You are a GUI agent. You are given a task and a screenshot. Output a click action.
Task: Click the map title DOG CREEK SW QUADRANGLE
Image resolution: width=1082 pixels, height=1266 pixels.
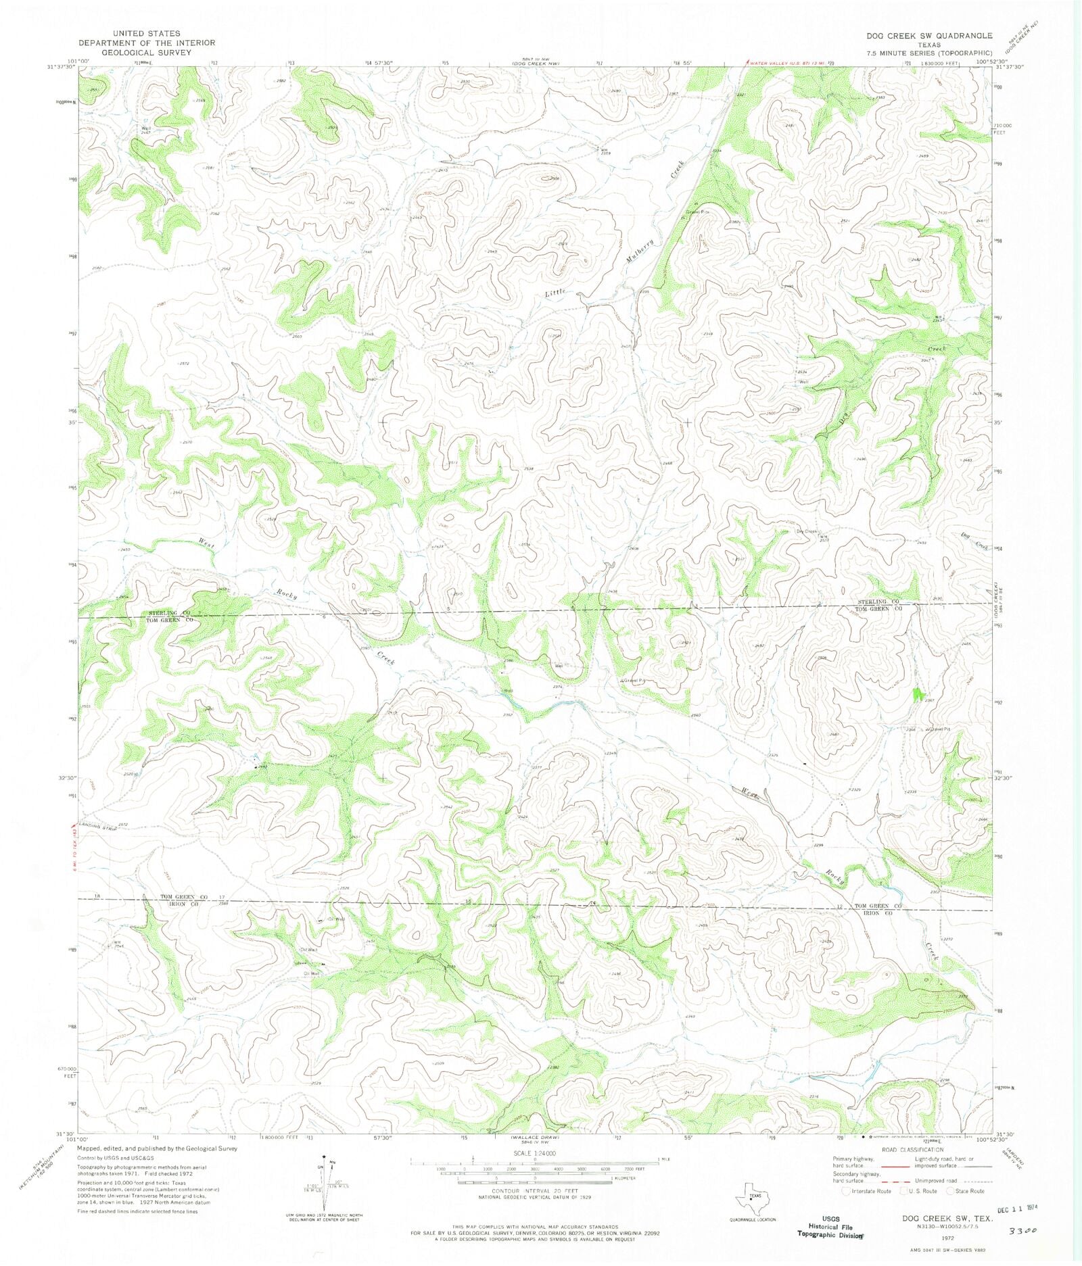(934, 36)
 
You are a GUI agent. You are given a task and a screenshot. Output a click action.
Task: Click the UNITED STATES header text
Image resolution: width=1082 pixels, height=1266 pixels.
(147, 33)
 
